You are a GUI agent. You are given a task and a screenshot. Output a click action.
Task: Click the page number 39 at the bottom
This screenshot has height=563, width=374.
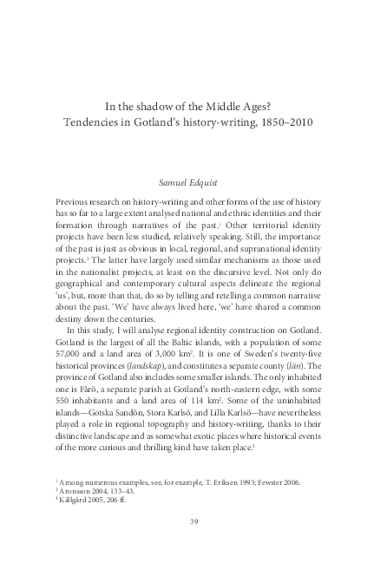[x=187, y=520]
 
